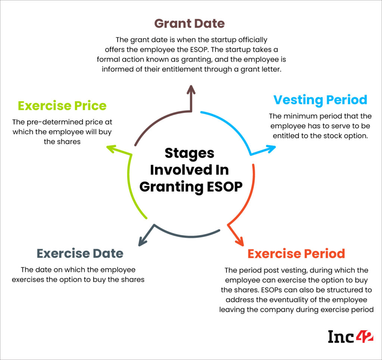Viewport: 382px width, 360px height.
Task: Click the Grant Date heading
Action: (190, 24)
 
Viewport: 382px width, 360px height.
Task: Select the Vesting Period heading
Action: (320, 100)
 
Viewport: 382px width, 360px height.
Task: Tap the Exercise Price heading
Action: (62, 106)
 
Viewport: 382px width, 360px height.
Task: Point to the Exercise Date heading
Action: (80, 254)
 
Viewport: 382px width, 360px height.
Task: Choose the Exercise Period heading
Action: (296, 254)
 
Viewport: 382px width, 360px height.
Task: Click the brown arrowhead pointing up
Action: (191, 90)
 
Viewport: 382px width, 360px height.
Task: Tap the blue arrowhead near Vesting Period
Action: (271, 148)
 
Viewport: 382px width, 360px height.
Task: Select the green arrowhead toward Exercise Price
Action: (112, 148)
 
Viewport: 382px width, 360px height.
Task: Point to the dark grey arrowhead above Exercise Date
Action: (142, 241)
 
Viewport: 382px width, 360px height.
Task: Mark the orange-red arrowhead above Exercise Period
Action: (239, 241)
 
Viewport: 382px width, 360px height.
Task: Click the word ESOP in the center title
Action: (224, 187)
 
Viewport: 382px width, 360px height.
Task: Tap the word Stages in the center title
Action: (189, 154)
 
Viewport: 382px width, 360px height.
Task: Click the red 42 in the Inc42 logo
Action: (364, 336)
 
